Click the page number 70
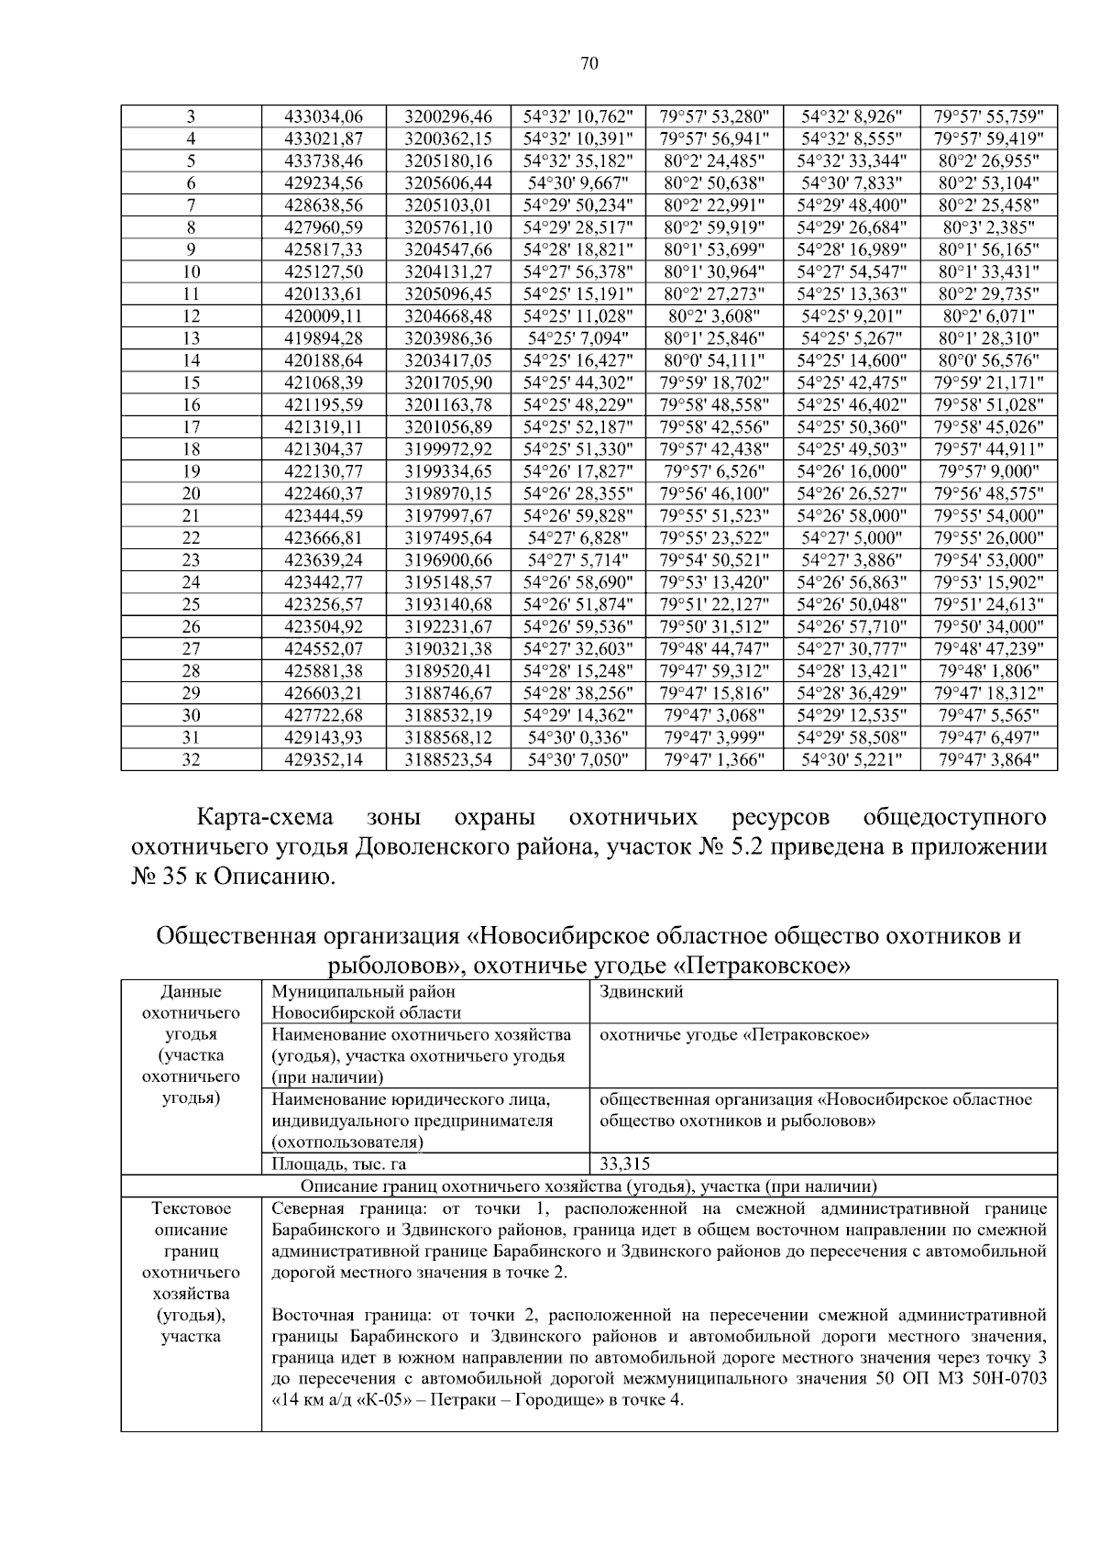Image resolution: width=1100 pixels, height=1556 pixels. (x=589, y=63)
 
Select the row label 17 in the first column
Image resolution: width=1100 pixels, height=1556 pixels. (x=191, y=426)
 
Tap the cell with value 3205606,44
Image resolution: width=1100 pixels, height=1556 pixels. (x=448, y=182)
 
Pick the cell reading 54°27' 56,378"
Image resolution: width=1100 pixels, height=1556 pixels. (x=577, y=271)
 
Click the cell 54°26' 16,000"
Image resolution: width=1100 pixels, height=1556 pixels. (x=852, y=471)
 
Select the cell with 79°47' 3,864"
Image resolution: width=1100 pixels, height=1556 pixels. (x=988, y=759)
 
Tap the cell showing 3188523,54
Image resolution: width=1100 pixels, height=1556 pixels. (x=448, y=759)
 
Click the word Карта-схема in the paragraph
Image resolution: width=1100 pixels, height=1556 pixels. (x=266, y=817)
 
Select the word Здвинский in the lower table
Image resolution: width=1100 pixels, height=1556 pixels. (x=641, y=992)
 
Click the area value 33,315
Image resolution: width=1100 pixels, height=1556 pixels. (x=625, y=1164)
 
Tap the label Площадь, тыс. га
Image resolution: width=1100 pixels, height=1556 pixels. (x=339, y=1164)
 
